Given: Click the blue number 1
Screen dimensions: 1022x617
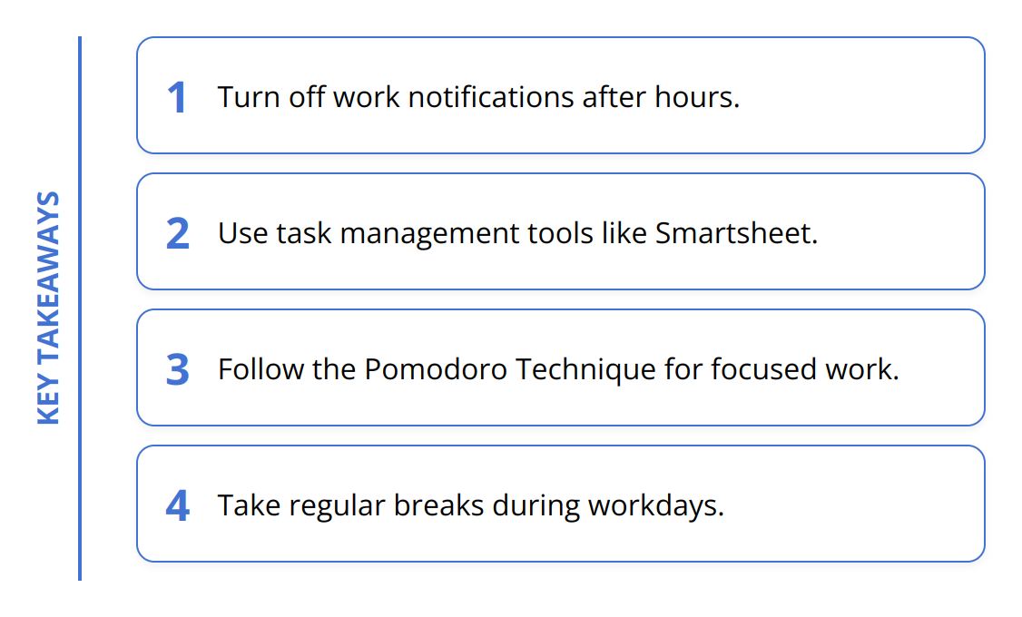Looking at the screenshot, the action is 177,98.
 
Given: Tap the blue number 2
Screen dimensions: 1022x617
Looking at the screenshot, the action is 177,233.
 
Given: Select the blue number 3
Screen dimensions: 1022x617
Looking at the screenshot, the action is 177,369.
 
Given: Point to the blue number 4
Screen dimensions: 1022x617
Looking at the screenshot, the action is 177,505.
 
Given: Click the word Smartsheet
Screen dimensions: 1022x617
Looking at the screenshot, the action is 736,233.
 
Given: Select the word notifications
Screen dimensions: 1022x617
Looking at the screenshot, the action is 491,97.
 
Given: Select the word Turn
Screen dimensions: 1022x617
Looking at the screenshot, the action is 249,97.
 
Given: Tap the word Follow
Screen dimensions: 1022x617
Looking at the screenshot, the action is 260,369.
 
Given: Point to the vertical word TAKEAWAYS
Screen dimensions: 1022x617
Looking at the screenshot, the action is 49,279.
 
